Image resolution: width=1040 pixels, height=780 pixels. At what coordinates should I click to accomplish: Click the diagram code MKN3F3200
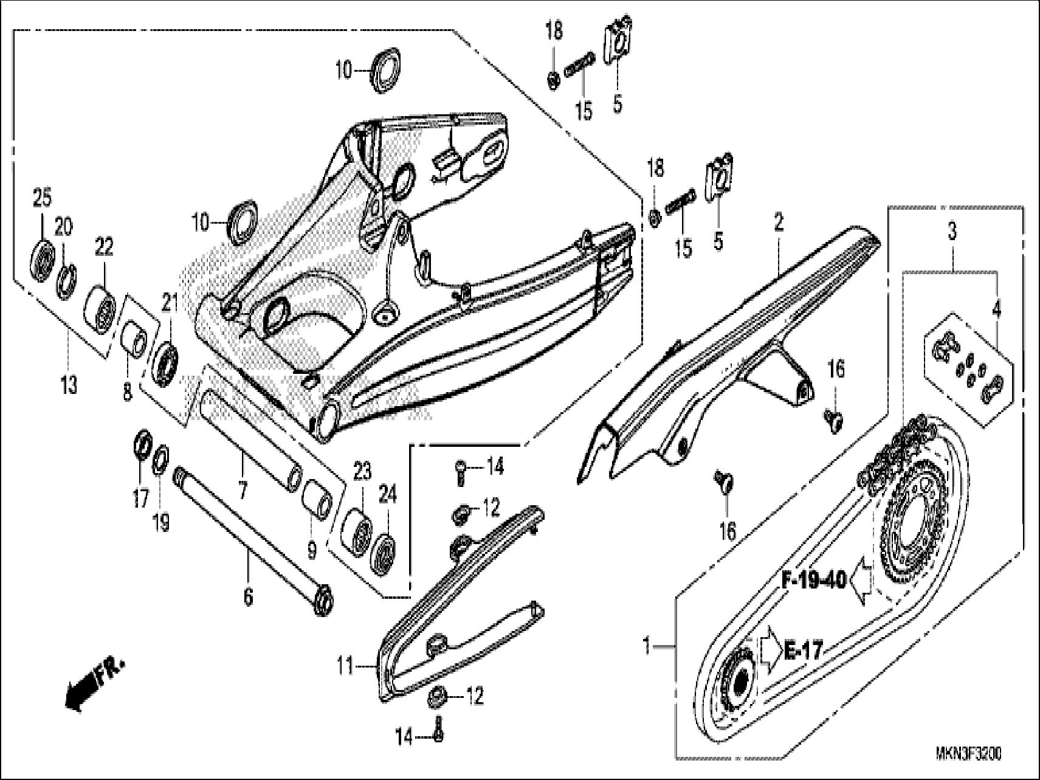click(969, 754)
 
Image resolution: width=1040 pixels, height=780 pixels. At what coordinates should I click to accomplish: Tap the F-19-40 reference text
click(813, 581)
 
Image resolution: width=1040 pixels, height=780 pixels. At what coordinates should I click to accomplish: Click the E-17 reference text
click(802, 652)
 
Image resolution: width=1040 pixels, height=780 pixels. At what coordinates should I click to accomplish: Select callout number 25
click(42, 198)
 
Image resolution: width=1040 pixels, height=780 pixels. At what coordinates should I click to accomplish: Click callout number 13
click(69, 384)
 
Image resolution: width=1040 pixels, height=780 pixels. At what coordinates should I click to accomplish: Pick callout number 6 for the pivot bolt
click(248, 597)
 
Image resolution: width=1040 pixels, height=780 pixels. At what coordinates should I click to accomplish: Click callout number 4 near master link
click(996, 309)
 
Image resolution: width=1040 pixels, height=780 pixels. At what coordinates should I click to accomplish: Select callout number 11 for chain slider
click(346, 667)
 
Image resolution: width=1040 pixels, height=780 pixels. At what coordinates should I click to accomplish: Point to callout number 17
click(140, 499)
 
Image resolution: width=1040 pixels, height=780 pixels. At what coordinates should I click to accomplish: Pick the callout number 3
click(952, 231)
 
